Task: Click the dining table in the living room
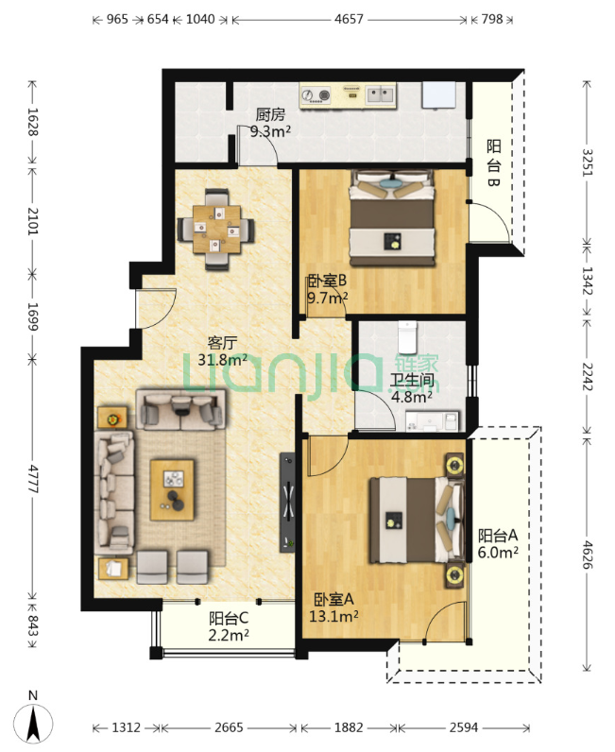click(x=217, y=229)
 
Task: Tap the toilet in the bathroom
click(x=407, y=337)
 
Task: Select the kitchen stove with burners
click(x=316, y=95)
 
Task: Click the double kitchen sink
click(x=381, y=95)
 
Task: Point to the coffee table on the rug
click(x=172, y=489)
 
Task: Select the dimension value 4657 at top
click(x=349, y=19)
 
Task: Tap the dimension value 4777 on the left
click(x=32, y=478)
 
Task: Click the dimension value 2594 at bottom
click(x=464, y=727)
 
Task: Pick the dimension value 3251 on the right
click(x=587, y=162)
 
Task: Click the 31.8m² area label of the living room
click(x=222, y=360)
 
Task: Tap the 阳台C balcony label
click(x=229, y=618)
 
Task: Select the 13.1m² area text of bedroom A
click(x=333, y=616)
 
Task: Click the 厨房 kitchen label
click(x=270, y=114)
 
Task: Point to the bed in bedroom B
click(x=392, y=217)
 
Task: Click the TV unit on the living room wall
click(x=287, y=502)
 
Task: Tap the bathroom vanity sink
click(x=432, y=421)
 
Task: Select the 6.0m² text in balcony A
click(x=498, y=553)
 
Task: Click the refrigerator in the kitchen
click(x=438, y=94)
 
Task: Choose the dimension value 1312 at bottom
click(x=127, y=727)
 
